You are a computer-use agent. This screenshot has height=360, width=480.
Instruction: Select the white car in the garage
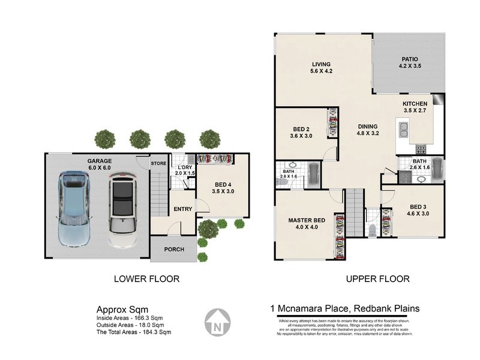123,211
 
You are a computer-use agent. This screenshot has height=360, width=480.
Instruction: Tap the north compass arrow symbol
218,322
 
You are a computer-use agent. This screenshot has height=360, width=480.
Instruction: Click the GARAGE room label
100,161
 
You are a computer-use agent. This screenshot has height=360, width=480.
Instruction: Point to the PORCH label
174,250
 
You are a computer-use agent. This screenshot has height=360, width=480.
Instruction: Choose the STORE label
158,163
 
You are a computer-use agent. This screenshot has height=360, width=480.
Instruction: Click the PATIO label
410,59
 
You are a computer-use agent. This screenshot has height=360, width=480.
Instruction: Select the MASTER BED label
306,221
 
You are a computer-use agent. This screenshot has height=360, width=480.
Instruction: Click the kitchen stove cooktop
420,149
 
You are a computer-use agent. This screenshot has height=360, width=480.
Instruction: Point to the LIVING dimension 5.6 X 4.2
322,71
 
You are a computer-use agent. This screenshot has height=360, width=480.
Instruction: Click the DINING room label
368,127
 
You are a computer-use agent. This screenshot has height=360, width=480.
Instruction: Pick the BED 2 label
301,130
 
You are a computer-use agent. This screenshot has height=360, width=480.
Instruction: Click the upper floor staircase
354,212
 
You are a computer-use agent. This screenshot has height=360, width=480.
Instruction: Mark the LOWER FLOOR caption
147,279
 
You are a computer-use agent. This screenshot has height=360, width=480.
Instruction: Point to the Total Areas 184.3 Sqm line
134,332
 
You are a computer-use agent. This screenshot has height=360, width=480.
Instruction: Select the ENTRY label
182,209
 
